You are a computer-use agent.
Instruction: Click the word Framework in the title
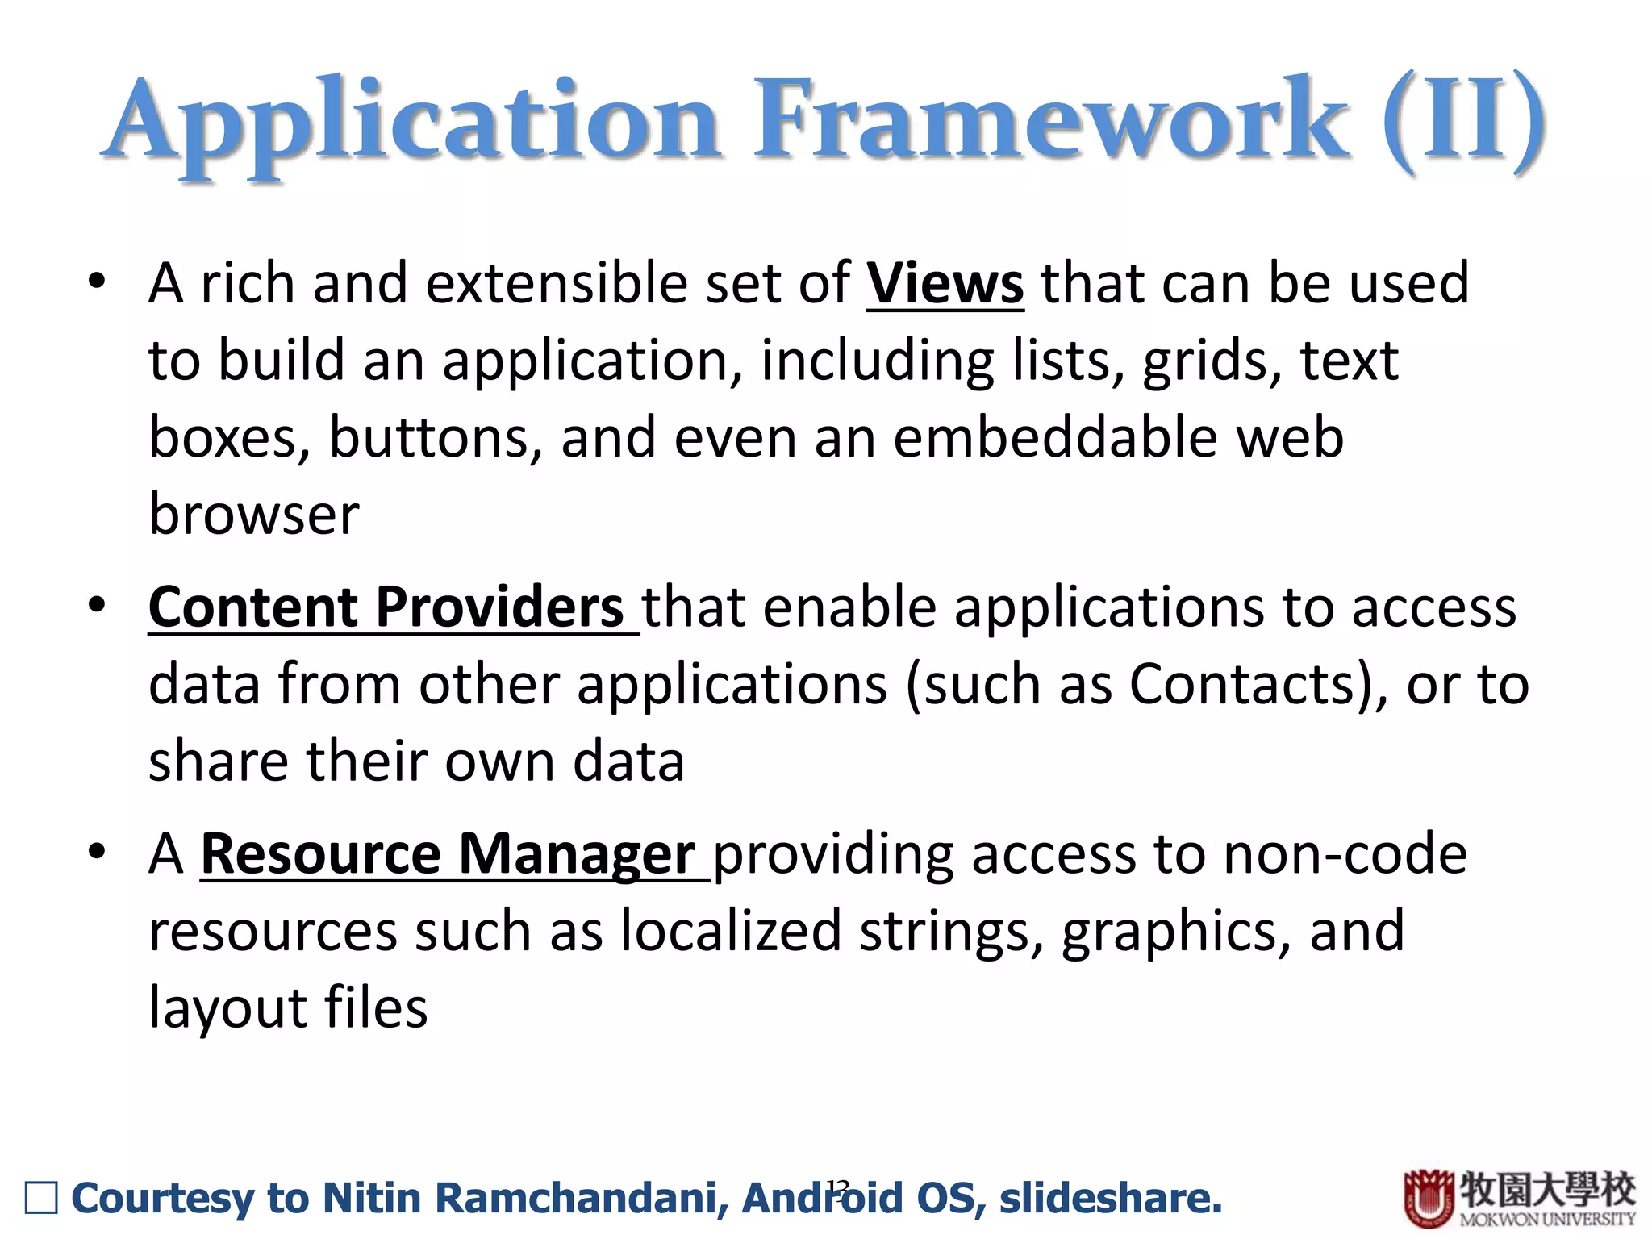click(1049, 121)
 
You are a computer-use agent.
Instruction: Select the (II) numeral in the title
click(1464, 121)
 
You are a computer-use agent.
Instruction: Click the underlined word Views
click(945, 284)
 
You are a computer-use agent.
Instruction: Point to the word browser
click(254, 515)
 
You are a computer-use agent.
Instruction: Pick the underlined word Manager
click(577, 855)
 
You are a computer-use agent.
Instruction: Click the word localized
click(731, 931)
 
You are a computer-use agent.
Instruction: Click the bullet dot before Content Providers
click(98, 606)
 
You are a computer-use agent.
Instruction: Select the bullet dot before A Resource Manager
click(98, 852)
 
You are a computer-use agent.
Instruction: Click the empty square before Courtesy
click(41, 1198)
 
